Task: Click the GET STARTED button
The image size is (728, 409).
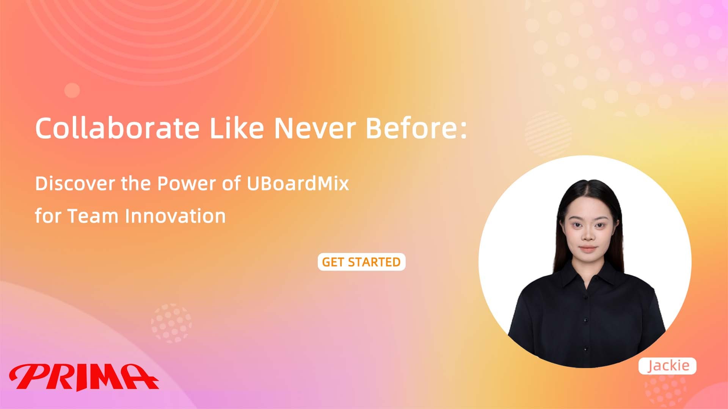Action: (361, 262)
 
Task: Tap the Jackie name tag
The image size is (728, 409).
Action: (667, 366)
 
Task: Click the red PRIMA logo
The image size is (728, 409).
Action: (84, 377)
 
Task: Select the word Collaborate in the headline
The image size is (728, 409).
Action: (117, 128)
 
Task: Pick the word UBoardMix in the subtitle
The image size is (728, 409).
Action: (298, 183)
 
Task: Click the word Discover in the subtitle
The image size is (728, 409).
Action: (75, 183)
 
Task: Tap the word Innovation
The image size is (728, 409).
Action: (175, 216)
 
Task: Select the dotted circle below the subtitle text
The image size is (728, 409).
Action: (171, 323)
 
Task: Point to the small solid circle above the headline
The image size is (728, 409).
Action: (72, 91)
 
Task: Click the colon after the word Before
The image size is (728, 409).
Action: (463, 131)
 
